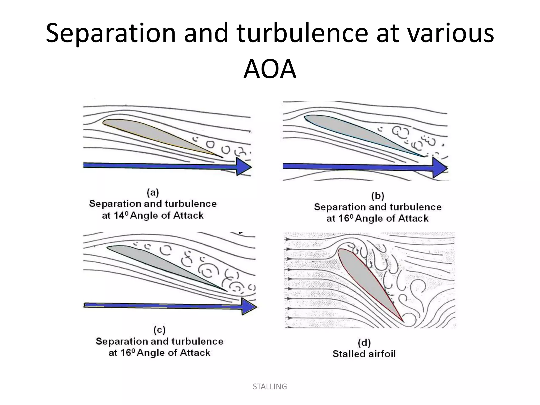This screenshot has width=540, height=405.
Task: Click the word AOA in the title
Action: pyautogui.click(x=270, y=69)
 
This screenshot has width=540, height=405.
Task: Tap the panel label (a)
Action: pyautogui.click(x=153, y=192)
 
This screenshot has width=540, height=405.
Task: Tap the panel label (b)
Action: pyautogui.click(x=378, y=196)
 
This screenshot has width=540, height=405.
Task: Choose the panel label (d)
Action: pyautogui.click(x=364, y=343)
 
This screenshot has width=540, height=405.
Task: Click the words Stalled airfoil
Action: pyautogui.click(x=364, y=354)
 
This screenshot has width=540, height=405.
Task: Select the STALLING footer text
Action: pyautogui.click(x=270, y=387)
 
